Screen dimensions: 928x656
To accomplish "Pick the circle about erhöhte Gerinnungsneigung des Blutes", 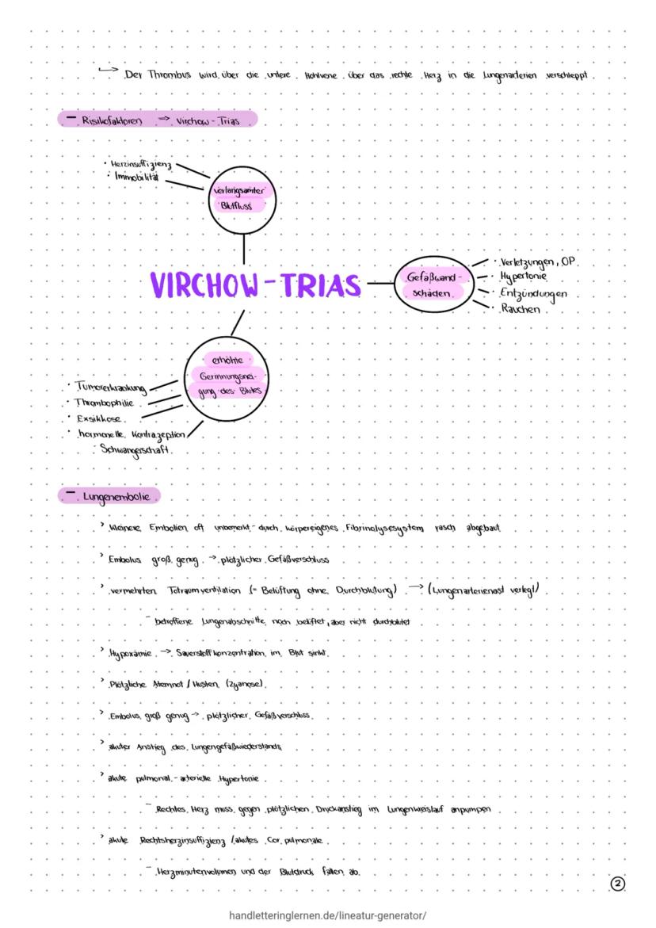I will click(x=226, y=376).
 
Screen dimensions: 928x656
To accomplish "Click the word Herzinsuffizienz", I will click(x=143, y=164).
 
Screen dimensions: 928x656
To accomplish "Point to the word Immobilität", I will click(x=136, y=176).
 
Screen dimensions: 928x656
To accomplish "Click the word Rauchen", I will click(x=520, y=309).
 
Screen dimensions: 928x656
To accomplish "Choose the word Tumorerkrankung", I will click(x=110, y=387).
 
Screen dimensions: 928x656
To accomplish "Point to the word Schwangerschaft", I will click(x=137, y=449).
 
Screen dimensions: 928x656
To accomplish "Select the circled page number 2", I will click(x=618, y=884).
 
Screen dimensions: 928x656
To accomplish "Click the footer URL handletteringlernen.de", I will click(x=326, y=915).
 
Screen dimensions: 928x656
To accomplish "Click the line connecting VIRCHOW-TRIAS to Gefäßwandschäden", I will click(x=379, y=282).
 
